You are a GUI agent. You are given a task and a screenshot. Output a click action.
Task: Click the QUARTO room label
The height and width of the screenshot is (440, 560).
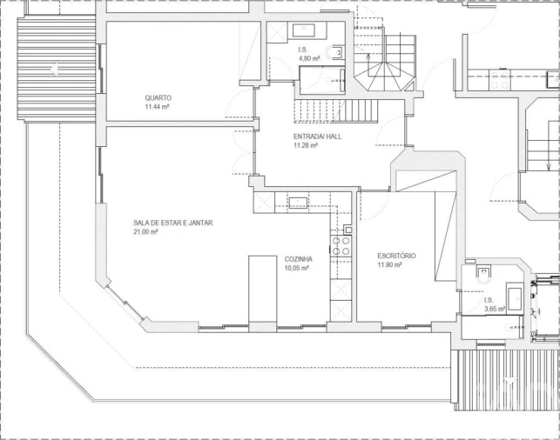158,97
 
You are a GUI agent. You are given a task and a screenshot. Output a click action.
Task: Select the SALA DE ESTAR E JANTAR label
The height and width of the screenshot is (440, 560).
172,223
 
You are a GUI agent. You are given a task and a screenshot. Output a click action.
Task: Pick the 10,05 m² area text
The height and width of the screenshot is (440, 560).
298,269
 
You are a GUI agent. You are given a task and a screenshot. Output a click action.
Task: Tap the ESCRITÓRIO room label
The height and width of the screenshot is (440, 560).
396,256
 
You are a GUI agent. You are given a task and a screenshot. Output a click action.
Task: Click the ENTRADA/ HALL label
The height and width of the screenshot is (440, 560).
316,137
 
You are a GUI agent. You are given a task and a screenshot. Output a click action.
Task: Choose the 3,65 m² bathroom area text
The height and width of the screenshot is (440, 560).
495,308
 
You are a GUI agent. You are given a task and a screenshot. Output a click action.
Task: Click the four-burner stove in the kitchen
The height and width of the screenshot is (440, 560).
341,245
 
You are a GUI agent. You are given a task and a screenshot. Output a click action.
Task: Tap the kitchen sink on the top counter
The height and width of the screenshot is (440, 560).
298,203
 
